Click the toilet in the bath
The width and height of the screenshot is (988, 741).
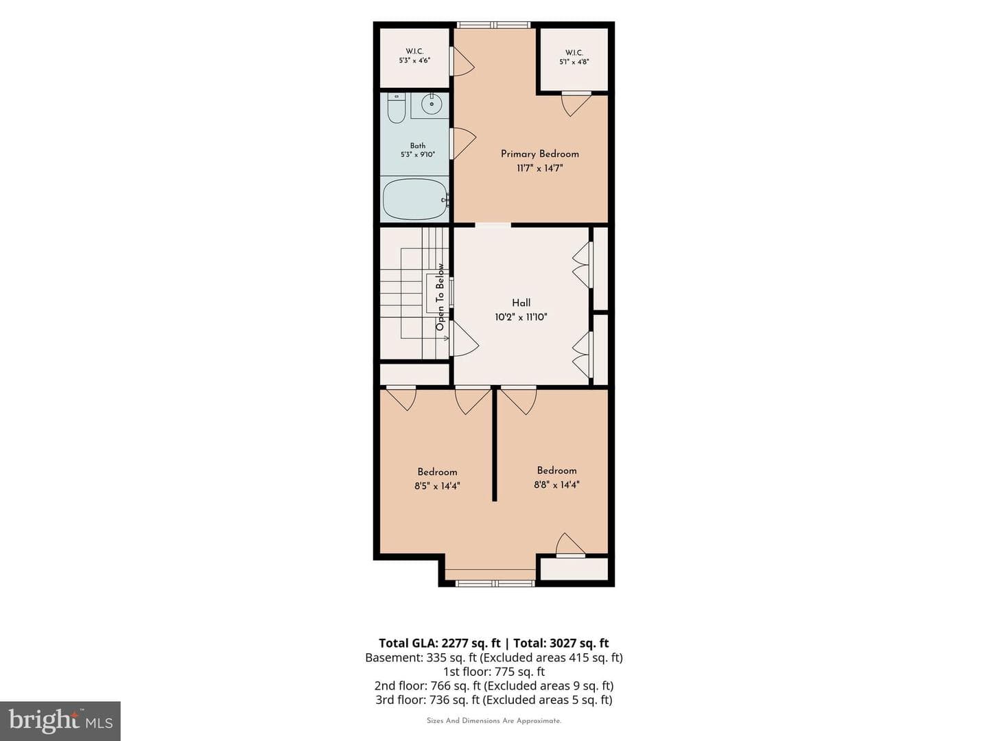396,108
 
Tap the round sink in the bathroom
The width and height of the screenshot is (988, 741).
432,104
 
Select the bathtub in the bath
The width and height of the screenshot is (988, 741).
414,199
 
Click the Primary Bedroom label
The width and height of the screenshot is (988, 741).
540,154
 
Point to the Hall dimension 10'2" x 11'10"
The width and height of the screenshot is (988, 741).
521,317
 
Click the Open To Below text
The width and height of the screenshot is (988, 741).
440,297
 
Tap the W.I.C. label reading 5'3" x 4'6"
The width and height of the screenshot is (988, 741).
414,60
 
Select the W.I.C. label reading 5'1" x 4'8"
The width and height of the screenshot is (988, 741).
574,62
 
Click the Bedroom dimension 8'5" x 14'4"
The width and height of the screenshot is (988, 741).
437,486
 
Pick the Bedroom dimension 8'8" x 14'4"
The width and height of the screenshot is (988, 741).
557,485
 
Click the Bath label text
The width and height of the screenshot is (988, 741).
418,145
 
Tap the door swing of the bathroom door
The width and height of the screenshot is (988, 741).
464,143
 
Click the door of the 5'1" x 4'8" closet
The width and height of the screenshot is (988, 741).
576,104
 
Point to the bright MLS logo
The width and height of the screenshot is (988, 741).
60,720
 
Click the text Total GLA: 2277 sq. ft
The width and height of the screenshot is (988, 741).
439,643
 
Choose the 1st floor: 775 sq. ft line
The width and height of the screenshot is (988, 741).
494,672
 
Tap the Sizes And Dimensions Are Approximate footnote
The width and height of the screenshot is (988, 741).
494,720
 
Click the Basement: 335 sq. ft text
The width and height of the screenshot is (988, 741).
421,657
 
